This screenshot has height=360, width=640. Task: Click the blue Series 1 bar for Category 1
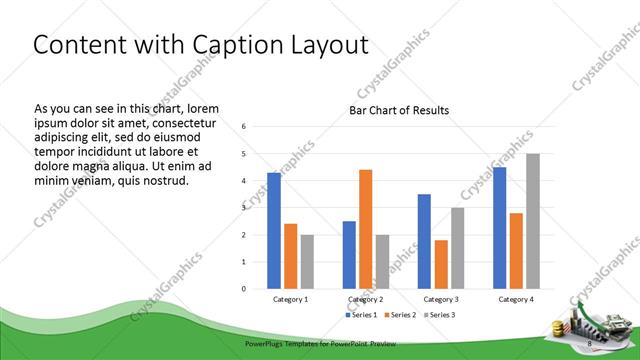[274, 230]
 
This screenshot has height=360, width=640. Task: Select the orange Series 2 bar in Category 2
[366, 229]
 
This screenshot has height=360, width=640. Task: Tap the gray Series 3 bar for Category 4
[533, 221]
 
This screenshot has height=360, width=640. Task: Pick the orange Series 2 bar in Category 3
[441, 264]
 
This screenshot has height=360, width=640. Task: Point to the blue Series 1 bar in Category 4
[499, 228]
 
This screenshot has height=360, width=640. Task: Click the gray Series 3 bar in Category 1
[307, 262]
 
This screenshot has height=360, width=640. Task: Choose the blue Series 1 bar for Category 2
[349, 255]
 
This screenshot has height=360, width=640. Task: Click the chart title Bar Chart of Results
[399, 110]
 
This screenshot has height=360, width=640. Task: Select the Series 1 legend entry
[361, 316]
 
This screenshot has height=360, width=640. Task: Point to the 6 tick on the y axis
[244, 126]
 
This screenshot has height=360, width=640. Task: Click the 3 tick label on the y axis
[244, 208]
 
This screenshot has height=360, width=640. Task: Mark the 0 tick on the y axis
[244, 289]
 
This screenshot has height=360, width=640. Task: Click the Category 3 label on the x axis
[441, 299]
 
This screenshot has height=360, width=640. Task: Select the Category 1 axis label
[291, 299]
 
